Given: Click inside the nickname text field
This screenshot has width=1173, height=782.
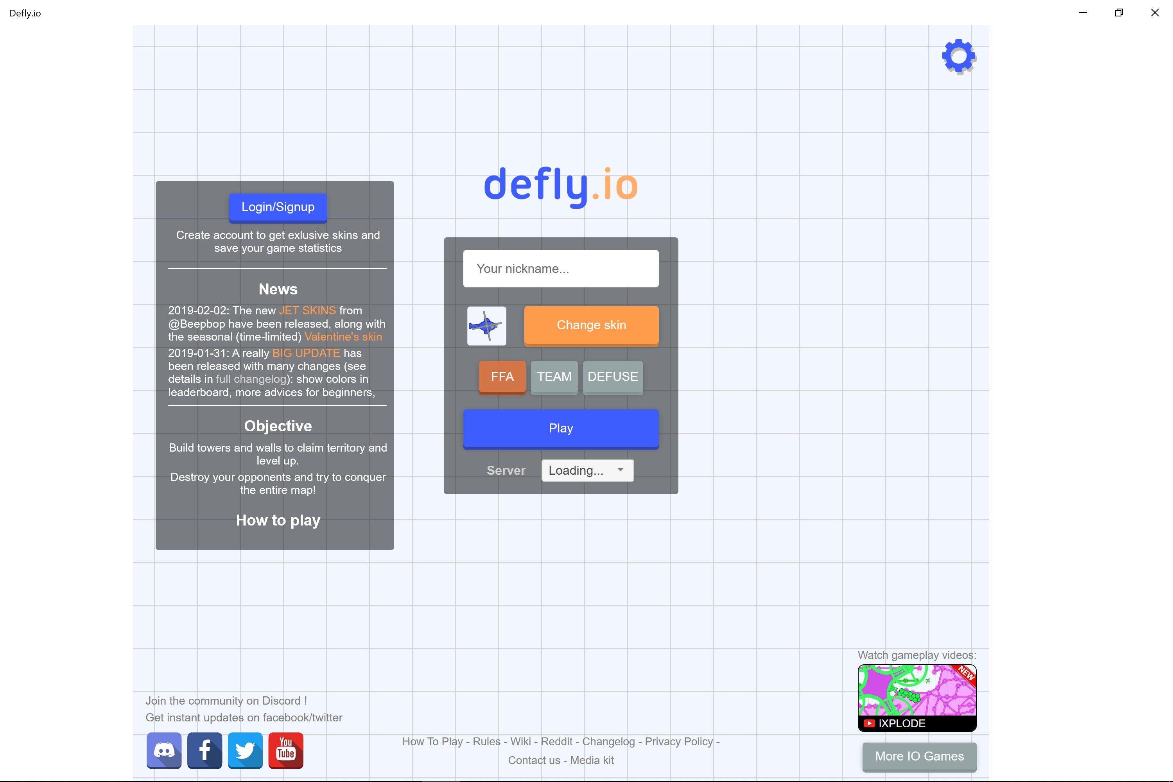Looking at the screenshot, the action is coord(561,269).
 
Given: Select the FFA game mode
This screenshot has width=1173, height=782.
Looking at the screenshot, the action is coord(502,377).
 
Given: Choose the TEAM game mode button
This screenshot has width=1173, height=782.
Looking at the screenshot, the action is coord(554,377).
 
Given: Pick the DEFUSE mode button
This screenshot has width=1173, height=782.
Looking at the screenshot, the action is coord(613,377).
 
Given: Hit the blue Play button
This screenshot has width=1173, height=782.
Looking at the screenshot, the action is coord(561,429).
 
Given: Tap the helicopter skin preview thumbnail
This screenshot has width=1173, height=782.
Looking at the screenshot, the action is coord(486,326).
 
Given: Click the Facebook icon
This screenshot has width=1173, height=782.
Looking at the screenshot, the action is coord(204,751).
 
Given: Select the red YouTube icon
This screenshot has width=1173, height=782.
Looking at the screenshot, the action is coord(286,751).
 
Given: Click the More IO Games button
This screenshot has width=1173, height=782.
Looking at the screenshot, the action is coord(919,757).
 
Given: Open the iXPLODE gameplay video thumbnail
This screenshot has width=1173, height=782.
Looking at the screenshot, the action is coord(917,698).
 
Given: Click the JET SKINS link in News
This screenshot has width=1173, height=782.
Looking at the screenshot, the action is coord(307,310).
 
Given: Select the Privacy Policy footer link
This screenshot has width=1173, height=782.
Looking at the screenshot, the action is coord(679,742).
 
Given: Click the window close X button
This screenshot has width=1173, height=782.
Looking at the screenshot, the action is coord(1155,13).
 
